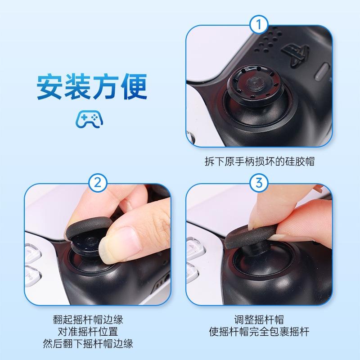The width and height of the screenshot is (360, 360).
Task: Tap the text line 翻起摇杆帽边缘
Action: click(x=87, y=320)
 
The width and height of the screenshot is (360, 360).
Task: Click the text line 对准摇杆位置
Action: click(x=87, y=332)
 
